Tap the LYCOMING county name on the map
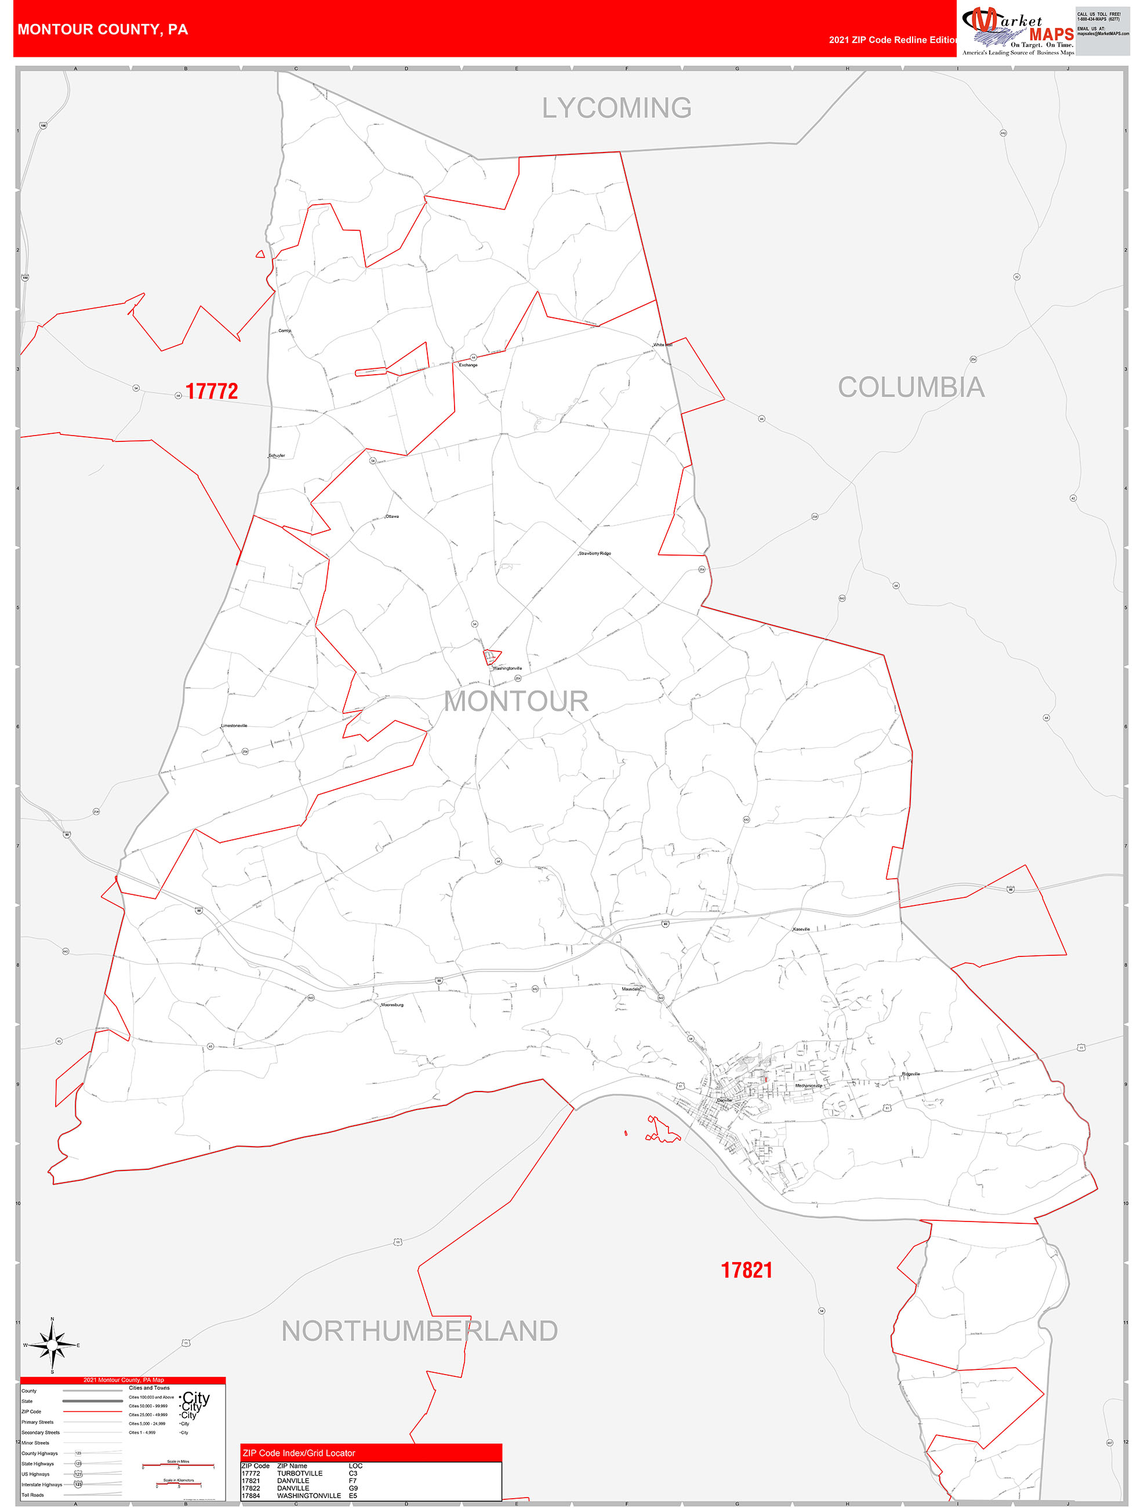(x=616, y=108)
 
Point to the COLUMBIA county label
(x=911, y=387)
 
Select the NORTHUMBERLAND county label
(x=419, y=1330)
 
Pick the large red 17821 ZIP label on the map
(x=746, y=1270)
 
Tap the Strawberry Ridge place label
(x=595, y=553)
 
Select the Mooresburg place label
(x=392, y=1005)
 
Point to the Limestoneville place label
(x=234, y=726)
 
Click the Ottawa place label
(x=392, y=516)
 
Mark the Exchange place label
(x=468, y=365)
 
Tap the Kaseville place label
(x=802, y=929)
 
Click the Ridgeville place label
(x=911, y=1074)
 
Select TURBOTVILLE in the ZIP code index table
(x=300, y=1473)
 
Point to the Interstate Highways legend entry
(x=42, y=1484)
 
